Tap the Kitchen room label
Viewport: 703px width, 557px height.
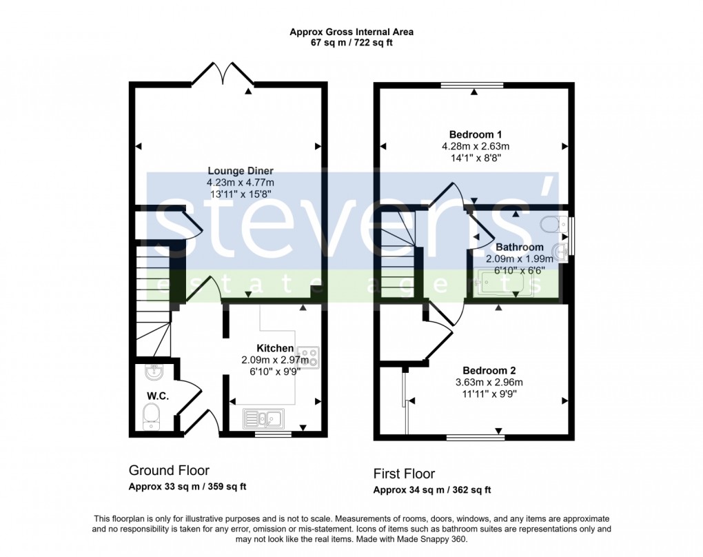275,349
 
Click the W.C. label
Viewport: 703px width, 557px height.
157,396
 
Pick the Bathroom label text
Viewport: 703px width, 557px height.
520,247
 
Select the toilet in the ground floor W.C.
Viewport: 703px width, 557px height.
150,416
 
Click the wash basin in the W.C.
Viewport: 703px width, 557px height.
153,373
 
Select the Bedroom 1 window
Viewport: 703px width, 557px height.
472,85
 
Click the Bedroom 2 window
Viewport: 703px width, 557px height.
474,436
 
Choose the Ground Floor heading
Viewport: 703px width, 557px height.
169,471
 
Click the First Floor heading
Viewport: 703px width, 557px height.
404,474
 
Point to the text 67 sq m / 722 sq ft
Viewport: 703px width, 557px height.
351,43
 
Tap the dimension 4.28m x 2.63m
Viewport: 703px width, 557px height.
476,146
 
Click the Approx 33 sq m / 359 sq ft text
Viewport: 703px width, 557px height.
187,487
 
